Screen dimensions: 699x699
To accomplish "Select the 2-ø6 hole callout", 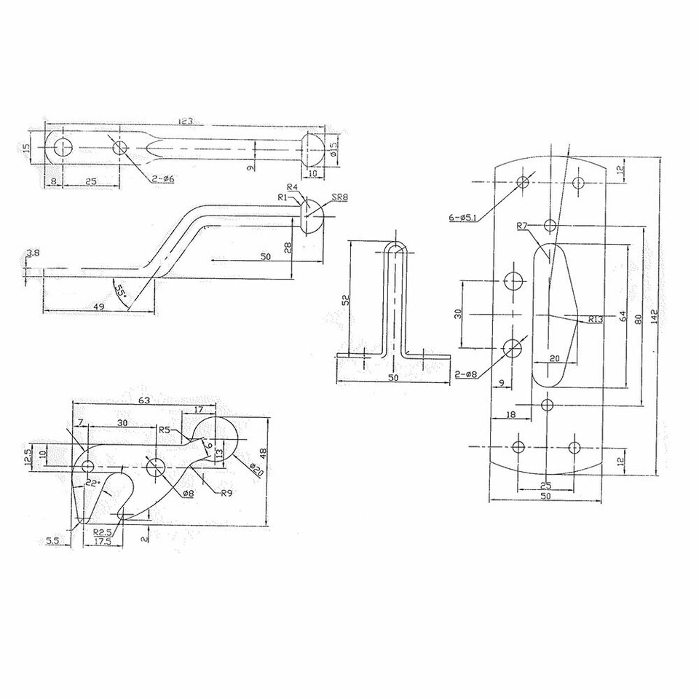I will [163, 178].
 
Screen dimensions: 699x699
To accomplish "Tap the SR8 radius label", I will [339, 198].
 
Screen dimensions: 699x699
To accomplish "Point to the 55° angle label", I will [121, 291].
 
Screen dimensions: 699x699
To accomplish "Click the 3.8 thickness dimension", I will [33, 253].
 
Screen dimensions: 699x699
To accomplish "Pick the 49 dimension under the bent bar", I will [98, 307].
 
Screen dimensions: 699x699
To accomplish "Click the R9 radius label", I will [227, 493].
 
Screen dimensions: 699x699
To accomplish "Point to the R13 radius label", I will [595, 318].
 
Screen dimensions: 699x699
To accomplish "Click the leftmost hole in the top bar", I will [60, 148].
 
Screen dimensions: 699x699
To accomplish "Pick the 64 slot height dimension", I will [623, 316].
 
